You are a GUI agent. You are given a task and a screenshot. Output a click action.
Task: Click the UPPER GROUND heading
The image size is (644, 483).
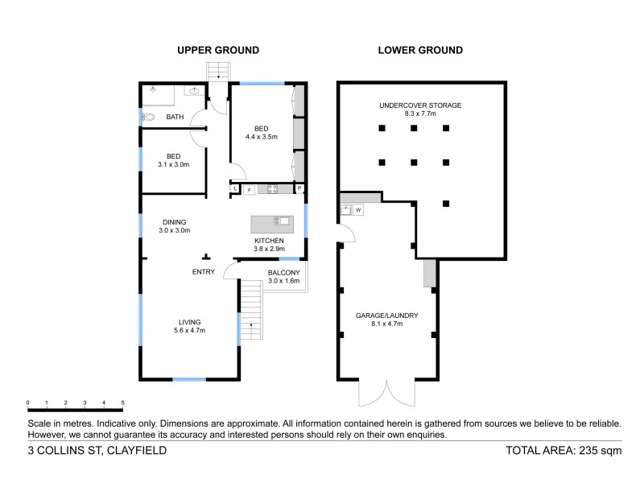[217, 50]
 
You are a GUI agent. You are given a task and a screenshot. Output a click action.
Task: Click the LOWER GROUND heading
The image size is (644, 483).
[420, 50]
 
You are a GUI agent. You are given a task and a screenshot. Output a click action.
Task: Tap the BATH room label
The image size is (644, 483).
[175, 118]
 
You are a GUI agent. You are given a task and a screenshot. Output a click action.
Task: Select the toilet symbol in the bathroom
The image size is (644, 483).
[150, 118]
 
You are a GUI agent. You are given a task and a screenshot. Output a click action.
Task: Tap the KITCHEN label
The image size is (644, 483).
[269, 242]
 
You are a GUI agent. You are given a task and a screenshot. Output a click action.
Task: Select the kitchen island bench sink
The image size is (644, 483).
[282, 221]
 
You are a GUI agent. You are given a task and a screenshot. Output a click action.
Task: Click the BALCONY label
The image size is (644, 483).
[283, 272]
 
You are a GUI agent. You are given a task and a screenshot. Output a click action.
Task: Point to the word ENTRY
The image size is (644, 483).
[203, 272]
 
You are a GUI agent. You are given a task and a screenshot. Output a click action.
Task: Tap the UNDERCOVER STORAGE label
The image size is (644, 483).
[420, 105]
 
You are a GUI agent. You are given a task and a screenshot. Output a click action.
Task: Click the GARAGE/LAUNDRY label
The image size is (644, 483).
[386, 316]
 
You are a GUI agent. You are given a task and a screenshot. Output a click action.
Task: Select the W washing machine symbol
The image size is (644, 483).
[358, 210]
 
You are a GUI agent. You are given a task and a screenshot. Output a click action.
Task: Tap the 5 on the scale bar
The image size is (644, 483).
[123, 402]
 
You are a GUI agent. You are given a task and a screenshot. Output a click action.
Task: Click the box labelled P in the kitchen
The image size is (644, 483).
[299, 190]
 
